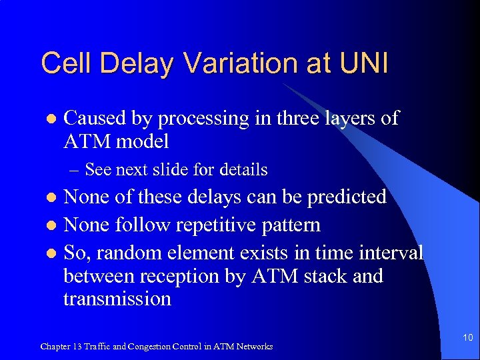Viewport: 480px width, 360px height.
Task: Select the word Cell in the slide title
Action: [62, 64]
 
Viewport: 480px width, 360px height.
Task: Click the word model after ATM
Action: [141, 141]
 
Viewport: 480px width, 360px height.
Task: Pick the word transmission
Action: [117, 299]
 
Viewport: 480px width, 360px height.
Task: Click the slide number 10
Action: [467, 338]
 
